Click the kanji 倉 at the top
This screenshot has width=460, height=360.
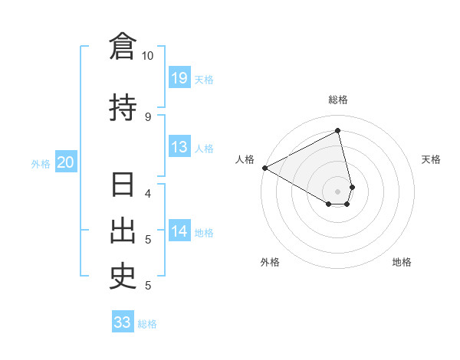123,47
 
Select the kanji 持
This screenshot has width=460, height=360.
123,107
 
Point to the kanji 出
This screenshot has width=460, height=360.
123,232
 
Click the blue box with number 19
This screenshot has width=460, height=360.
179,78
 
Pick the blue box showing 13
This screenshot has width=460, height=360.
179,147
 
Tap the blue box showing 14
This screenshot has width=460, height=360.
179,231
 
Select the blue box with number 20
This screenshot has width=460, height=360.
66,162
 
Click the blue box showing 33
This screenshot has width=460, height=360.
123,322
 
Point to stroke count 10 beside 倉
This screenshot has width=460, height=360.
148,56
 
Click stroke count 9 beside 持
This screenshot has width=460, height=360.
148,116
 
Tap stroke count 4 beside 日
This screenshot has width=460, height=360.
148,193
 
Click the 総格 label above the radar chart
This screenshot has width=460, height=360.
338,100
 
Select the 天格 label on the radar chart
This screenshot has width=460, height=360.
432,159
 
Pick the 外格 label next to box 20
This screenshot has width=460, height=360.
40,163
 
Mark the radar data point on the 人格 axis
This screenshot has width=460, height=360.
264,167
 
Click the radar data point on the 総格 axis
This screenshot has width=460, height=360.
338,131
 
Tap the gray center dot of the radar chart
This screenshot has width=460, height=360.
338,191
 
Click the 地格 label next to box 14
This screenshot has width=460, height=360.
204,232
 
